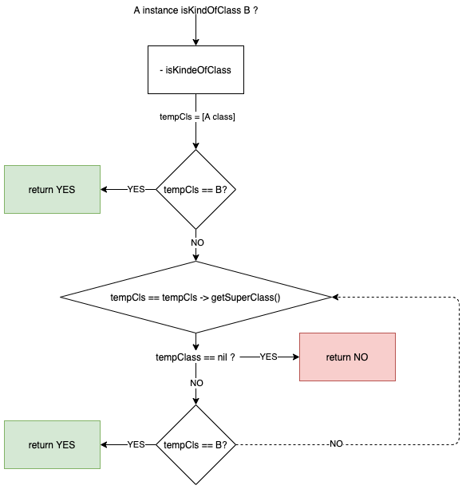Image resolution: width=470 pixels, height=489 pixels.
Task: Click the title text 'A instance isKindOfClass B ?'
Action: click(196, 10)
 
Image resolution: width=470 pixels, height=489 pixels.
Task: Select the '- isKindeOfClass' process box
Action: click(196, 70)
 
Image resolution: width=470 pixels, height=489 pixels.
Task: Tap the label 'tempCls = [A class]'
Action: click(197, 116)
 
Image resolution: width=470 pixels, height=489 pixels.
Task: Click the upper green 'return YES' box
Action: click(53, 190)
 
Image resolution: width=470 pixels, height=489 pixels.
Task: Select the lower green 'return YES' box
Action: click(53, 444)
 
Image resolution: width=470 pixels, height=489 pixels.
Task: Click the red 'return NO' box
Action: click(347, 357)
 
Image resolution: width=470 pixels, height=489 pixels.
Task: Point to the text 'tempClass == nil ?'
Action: click(196, 357)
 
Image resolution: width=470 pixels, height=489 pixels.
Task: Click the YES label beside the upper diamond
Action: click(136, 189)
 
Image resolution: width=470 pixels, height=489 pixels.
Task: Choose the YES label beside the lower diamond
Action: click(136, 444)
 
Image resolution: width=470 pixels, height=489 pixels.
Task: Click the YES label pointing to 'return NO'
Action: click(269, 357)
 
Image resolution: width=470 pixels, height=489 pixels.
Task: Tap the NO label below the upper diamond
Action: click(197, 243)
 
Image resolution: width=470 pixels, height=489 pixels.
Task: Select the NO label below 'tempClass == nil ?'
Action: click(197, 383)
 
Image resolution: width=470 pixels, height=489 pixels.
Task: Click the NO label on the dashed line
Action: click(336, 444)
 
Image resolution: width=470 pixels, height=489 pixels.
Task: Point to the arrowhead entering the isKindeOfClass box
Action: click(196, 42)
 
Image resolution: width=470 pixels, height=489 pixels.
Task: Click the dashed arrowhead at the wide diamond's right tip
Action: click(335, 298)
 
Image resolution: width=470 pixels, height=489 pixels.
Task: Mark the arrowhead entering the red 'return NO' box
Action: click(296, 357)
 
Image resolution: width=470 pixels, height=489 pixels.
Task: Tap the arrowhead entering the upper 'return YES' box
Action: click(104, 190)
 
